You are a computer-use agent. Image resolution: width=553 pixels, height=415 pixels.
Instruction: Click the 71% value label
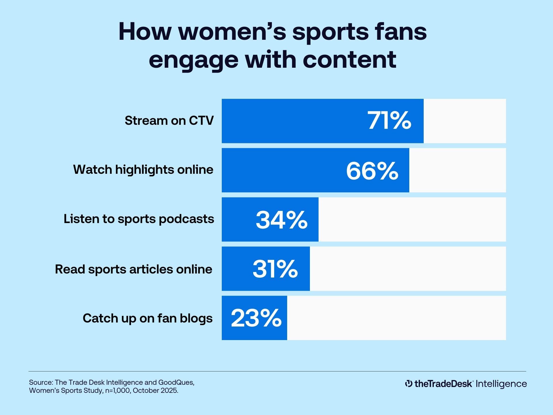[x=389, y=121]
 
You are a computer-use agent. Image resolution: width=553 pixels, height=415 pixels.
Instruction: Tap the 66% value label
[x=372, y=171]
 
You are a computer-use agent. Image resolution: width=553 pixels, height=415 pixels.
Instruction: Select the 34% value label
[x=281, y=220]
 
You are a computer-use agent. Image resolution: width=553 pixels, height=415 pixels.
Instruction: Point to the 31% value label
[x=275, y=269]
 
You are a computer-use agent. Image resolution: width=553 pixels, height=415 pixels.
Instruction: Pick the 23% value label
[x=256, y=318]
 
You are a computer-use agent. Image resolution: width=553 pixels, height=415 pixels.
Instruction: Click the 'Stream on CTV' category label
[x=169, y=120]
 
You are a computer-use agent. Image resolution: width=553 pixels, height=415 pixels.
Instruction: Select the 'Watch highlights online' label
[x=143, y=169]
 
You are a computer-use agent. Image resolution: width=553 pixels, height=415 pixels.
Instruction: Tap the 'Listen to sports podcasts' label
[x=139, y=219]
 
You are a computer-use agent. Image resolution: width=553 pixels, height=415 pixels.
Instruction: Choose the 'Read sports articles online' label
[x=134, y=269]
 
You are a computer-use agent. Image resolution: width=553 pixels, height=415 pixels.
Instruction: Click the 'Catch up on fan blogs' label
[x=147, y=318]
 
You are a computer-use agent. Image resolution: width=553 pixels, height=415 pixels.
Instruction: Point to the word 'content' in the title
[x=349, y=60]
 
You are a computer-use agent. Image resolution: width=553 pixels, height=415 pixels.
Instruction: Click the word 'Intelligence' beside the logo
[x=501, y=384]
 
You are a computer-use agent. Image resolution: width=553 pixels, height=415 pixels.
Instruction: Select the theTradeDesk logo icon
[x=408, y=384]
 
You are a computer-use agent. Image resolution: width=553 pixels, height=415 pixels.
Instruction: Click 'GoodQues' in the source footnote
[x=176, y=382]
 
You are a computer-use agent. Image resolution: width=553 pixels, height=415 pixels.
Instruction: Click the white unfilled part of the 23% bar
[x=396, y=318]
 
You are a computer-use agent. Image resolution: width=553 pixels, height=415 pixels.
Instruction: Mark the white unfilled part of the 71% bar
[x=465, y=121]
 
